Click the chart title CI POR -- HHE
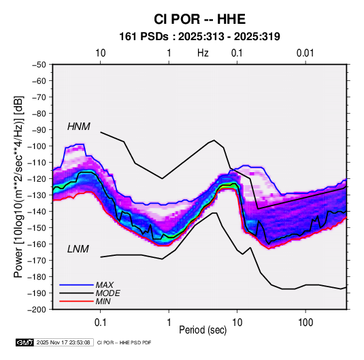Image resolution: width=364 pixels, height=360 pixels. [x=199, y=19]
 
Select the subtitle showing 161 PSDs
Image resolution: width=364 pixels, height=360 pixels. [x=199, y=37]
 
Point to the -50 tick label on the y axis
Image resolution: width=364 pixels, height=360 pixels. [x=39, y=65]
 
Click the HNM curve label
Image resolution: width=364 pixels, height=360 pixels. [x=79, y=127]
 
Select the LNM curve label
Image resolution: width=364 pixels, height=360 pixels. [x=78, y=249]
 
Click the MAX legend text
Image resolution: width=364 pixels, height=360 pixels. [x=105, y=285]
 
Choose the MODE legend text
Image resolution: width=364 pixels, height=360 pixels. [x=107, y=293]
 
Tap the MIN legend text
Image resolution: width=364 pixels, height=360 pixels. [x=103, y=301]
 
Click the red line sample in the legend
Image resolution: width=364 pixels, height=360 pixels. [x=76, y=301]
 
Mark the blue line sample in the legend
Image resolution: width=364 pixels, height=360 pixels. [x=76, y=284]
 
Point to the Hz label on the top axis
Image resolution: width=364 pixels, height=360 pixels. [x=203, y=53]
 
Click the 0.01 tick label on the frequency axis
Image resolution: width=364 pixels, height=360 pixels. [x=305, y=53]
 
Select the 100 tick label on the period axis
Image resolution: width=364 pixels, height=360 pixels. [x=305, y=323]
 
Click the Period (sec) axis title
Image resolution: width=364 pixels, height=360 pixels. [x=203, y=330]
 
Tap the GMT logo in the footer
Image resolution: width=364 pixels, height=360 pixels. [x=25, y=342]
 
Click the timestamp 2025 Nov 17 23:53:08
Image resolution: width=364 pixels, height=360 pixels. [x=63, y=342]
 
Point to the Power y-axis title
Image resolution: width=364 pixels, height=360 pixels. [x=18, y=187]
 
